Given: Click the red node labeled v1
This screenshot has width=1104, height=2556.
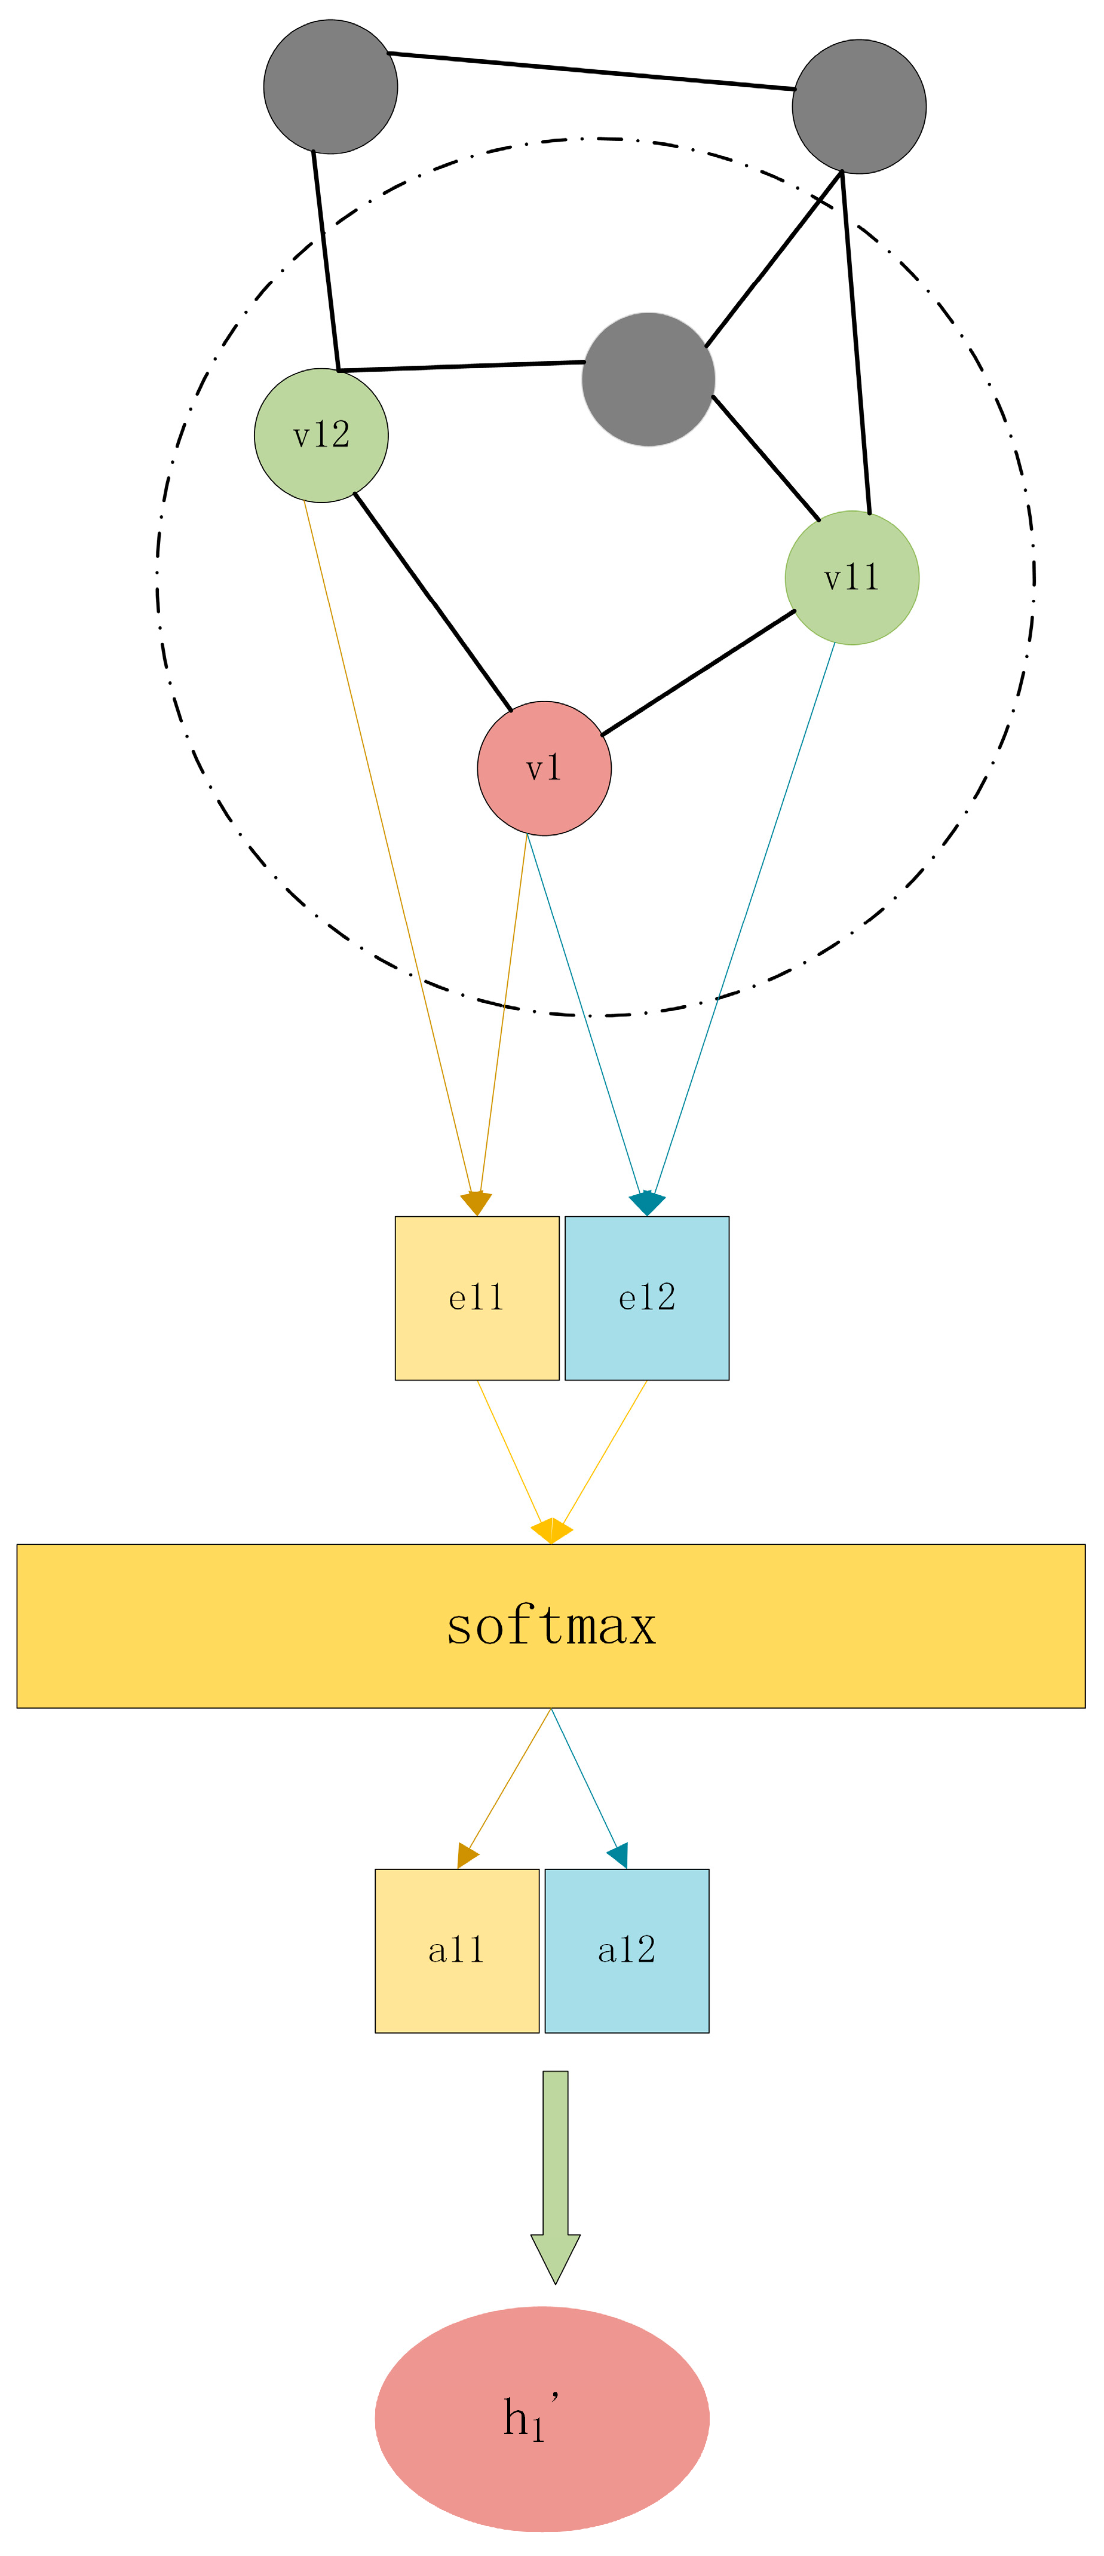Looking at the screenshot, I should [544, 768].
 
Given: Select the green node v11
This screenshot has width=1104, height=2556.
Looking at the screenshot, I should [851, 577].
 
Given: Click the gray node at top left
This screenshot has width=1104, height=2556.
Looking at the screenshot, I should [330, 86].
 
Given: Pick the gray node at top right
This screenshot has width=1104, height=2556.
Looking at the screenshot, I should [859, 106].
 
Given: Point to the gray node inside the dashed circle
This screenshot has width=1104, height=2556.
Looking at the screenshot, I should [648, 379].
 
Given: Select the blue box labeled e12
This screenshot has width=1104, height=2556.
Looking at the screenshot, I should [647, 1298].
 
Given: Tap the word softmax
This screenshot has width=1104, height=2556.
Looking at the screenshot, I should [551, 1626].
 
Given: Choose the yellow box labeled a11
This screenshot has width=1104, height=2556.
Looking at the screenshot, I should [456, 1951].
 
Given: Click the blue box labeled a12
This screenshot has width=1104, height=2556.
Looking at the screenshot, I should [627, 1951].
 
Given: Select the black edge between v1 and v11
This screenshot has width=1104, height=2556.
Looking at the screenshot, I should [698, 672].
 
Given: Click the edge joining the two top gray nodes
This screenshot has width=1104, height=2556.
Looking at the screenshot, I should [591, 72].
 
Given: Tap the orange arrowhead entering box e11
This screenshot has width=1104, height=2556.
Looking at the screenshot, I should [476, 1202].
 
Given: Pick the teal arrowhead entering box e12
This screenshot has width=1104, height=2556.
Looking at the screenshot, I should [647, 1202].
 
